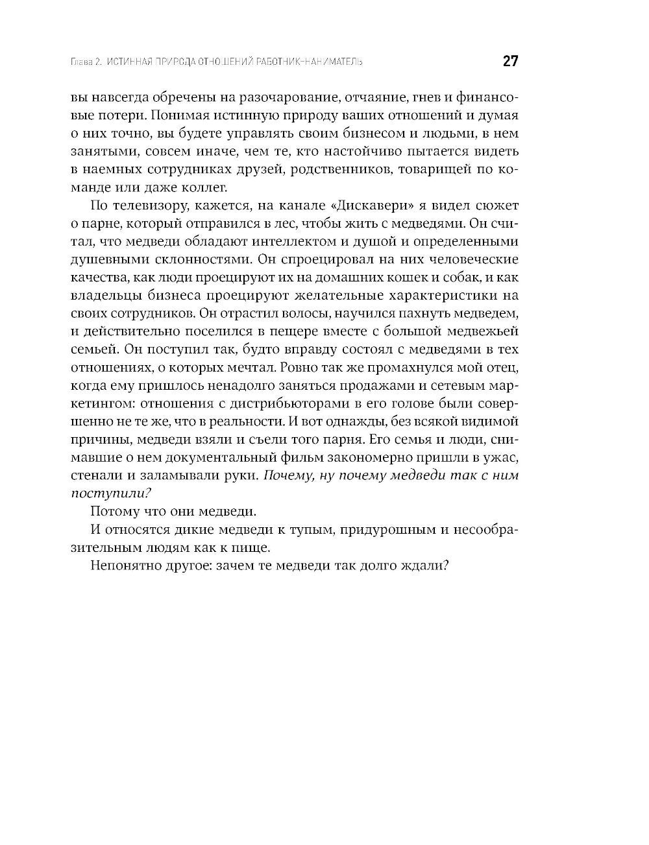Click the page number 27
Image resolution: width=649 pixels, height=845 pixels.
pyautogui.click(x=510, y=62)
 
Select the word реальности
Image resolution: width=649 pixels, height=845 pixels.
pyautogui.click(x=247, y=422)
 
